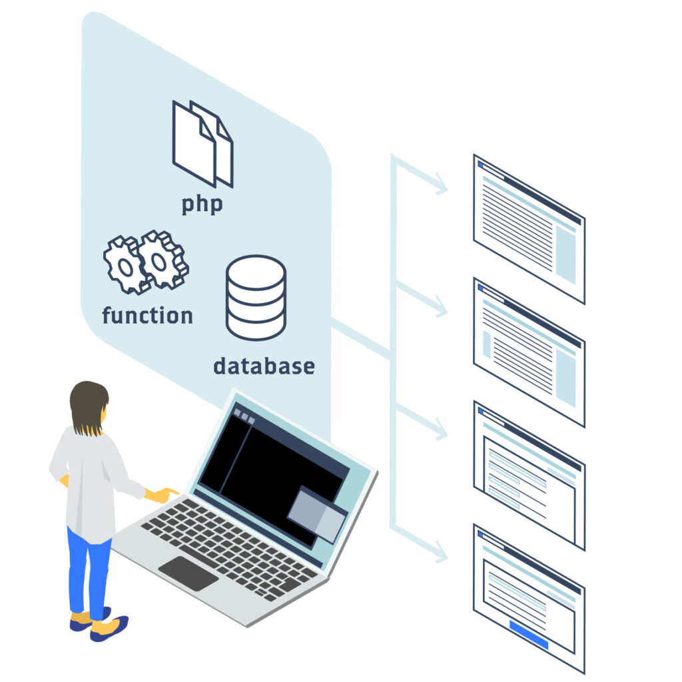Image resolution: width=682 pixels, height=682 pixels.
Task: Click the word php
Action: click(202, 204)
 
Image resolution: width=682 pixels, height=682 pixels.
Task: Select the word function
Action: click(147, 314)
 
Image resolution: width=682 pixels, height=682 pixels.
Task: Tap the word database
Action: click(264, 366)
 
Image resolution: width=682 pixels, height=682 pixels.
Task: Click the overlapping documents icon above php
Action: click(202, 143)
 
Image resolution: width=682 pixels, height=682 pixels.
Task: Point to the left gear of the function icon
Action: click(124, 265)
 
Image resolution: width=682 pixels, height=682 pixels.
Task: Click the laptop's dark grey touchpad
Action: click(188, 573)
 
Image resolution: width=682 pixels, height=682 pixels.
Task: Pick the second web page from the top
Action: click(529, 352)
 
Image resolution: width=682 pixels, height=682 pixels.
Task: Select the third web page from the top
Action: click(529, 475)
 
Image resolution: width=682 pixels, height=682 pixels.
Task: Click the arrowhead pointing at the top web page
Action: click(440, 186)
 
